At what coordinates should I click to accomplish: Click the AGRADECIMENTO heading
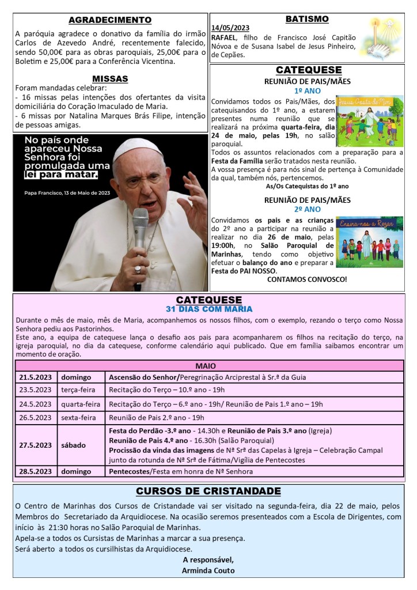(x=110, y=21)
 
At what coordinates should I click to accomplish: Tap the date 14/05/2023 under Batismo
(x=230, y=28)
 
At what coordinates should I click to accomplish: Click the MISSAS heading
(x=110, y=78)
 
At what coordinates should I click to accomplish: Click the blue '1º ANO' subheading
(x=306, y=91)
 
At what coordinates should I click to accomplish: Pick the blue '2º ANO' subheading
(x=306, y=209)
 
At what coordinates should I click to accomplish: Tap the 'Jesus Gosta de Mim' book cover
(x=370, y=122)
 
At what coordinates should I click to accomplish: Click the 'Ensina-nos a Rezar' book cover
(x=370, y=242)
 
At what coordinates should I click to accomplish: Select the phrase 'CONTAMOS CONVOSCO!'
(x=307, y=279)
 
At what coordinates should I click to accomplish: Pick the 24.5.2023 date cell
(x=36, y=404)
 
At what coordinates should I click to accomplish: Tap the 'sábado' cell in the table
(x=75, y=445)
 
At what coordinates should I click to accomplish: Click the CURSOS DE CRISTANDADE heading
(x=208, y=491)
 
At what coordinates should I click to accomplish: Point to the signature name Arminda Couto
(x=208, y=571)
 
